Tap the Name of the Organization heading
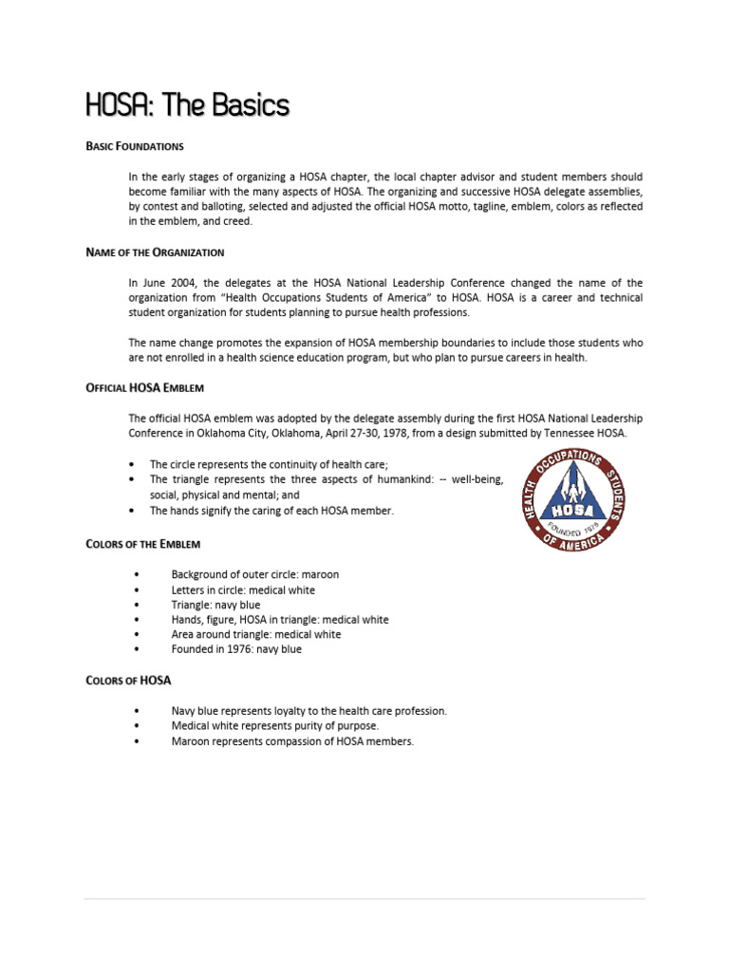point(155,252)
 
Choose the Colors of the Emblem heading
point(142,544)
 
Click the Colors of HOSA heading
point(128,681)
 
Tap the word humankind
point(400,480)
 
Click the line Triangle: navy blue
point(215,605)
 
